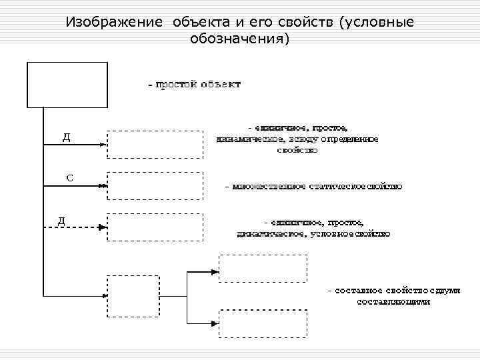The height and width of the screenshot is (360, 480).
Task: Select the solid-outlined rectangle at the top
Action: [67, 85]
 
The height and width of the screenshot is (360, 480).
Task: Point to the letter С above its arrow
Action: [69, 178]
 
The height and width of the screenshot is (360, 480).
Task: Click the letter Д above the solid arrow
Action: [67, 137]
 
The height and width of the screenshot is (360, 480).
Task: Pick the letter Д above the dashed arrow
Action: [61, 220]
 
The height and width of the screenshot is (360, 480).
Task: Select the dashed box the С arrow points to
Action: [154, 186]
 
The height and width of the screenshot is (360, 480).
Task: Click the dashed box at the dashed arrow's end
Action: [154, 227]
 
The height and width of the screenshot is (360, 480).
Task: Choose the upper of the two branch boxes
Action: [263, 269]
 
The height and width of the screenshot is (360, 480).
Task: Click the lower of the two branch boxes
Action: [263, 325]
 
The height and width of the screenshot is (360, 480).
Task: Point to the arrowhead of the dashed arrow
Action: [102, 227]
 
